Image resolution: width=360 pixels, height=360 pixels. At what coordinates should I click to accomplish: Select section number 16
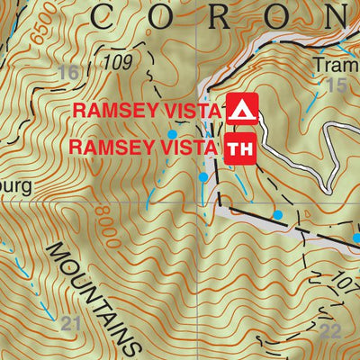pos(67,74)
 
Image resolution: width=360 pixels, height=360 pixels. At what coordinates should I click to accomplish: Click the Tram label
pos(332,66)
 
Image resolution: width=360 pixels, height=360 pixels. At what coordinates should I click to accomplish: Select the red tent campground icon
pos(241,109)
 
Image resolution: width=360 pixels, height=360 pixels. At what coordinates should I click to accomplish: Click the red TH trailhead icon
pos(241,147)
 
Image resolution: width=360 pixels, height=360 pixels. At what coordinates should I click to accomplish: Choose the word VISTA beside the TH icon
pos(190,147)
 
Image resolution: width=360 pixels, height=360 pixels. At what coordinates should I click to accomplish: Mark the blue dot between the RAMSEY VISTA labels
pos(172,133)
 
